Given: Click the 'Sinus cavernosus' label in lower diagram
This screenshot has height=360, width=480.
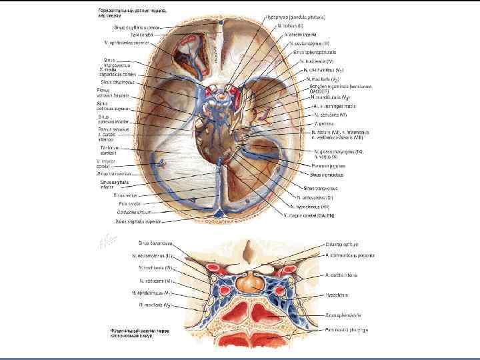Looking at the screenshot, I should tap(154, 244).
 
